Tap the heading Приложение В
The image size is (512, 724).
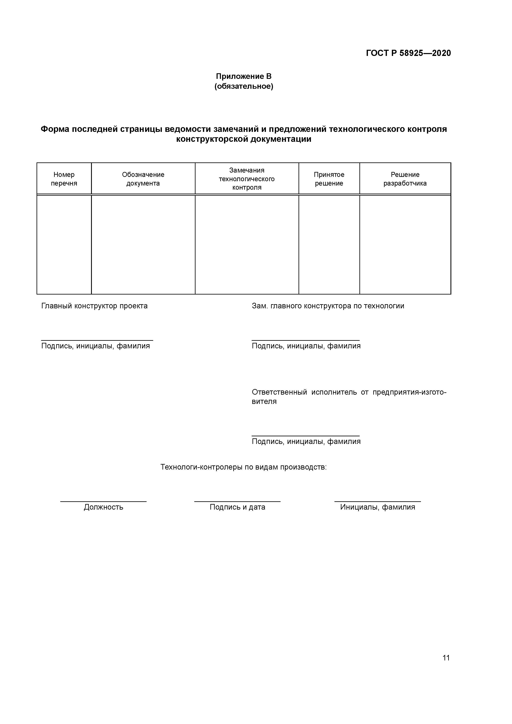(x=244, y=76)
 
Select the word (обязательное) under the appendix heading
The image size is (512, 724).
(x=244, y=86)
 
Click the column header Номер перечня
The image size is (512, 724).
(x=64, y=179)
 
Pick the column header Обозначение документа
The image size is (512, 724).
(x=143, y=179)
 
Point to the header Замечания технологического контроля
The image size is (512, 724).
(x=247, y=179)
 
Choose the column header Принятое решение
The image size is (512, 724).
(x=329, y=179)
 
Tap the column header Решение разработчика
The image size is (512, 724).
(x=405, y=179)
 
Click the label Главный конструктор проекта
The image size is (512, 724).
(x=94, y=306)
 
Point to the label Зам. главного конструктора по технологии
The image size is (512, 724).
(x=328, y=306)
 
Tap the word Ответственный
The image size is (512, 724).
(x=279, y=392)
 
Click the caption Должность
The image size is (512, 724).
(x=103, y=507)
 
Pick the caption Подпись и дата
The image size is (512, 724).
(x=237, y=507)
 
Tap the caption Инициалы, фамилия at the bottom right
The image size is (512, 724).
(x=378, y=507)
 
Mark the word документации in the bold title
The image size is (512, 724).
(x=281, y=139)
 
